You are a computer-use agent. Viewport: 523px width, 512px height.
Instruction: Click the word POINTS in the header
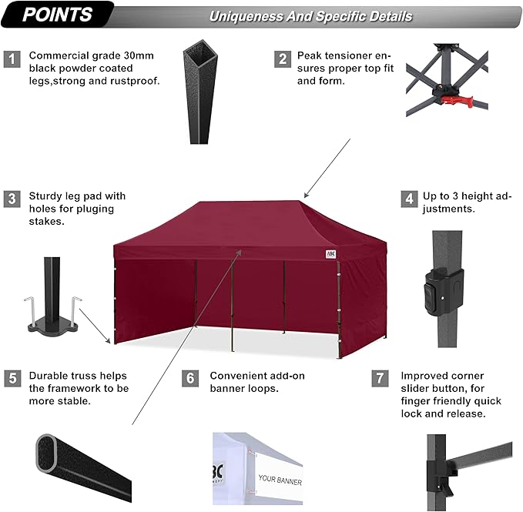click(x=57, y=15)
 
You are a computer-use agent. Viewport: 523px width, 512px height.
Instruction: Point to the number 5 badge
click(x=12, y=378)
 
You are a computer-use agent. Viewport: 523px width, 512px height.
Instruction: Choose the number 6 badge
click(x=191, y=378)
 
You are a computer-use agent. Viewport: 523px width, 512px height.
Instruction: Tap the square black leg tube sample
click(x=196, y=96)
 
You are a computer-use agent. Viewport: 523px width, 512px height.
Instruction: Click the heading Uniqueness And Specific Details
click(x=310, y=16)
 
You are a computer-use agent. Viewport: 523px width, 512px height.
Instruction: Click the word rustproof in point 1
click(x=136, y=80)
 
